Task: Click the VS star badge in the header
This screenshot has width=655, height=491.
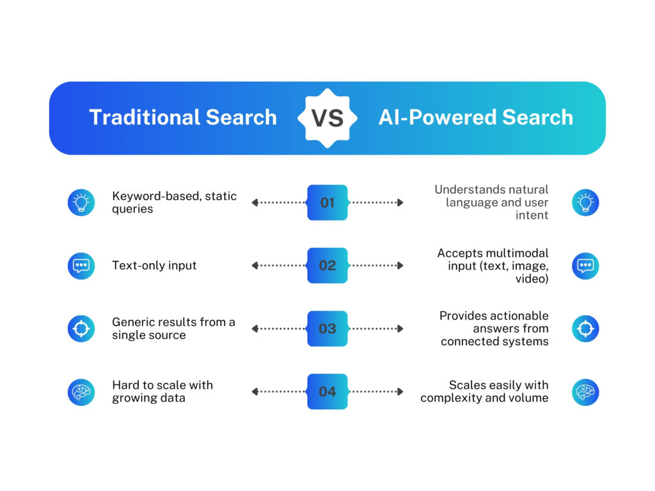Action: (x=327, y=118)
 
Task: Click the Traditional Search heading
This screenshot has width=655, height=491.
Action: (x=183, y=118)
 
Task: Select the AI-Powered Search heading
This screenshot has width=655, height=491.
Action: (x=475, y=118)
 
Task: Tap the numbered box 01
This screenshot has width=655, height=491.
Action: (x=327, y=203)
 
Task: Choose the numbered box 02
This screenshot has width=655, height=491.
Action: (x=327, y=265)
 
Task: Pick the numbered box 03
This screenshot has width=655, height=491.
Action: (x=327, y=329)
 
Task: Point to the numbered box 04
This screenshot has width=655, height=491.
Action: (x=327, y=391)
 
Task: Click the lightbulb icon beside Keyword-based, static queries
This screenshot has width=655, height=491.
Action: (x=81, y=203)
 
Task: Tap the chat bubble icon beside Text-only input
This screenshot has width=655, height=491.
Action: (x=81, y=265)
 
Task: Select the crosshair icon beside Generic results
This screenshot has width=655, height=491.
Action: (x=81, y=329)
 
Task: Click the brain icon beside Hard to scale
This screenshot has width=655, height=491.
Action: (x=81, y=391)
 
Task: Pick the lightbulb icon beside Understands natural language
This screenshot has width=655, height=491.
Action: (x=585, y=203)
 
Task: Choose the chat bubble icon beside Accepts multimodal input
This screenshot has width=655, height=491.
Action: (x=585, y=265)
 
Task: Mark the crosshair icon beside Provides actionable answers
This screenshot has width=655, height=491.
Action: (x=585, y=329)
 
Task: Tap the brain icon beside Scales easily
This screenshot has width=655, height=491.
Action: (x=585, y=391)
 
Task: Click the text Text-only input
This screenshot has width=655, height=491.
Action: (x=154, y=265)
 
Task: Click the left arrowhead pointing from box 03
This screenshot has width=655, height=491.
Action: (x=255, y=329)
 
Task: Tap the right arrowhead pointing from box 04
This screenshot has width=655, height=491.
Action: (x=400, y=391)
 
